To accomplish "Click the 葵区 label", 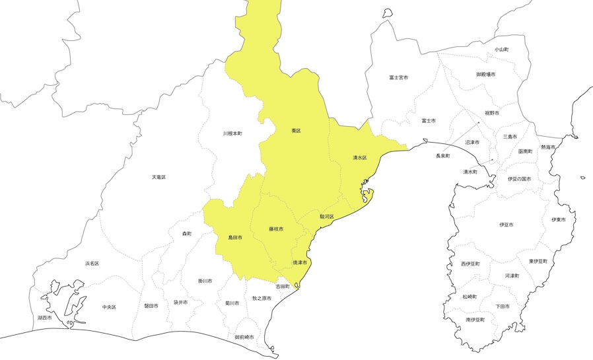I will pos(296,131).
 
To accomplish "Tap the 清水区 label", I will pos(359,158).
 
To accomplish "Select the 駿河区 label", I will pos(328,216).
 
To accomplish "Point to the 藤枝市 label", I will pos(276,229).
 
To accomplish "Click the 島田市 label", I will pos(235,236).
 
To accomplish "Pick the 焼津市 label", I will pos(300,262).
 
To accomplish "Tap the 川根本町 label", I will pos(232,133).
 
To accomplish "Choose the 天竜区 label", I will pos(158,177).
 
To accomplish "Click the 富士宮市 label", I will pos(398,77).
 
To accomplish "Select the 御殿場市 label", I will pos(487,75).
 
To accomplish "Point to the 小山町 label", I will pos(502,50).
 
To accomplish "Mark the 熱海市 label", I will pos(548,147).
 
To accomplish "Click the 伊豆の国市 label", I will pos(520,178).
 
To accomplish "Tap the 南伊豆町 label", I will pos(475,319).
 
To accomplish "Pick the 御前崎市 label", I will pos(244,337).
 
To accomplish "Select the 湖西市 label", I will pos(45,318).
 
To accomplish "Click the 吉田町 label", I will pos(283,286).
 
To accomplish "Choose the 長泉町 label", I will pos(442,156).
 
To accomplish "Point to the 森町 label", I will pos(187,234).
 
